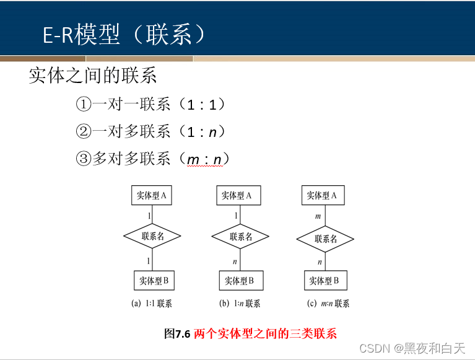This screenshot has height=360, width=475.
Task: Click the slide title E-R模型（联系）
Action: pos(123,35)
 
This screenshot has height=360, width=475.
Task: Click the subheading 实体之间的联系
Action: pos(93,76)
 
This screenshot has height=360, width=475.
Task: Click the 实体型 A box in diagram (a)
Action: pos(151,196)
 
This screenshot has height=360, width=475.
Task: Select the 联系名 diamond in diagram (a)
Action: pos(152,236)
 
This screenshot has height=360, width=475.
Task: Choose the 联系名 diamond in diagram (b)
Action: pos(240,236)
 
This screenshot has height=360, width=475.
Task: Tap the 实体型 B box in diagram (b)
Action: pos(239,281)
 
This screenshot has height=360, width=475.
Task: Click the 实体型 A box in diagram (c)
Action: pos(322,196)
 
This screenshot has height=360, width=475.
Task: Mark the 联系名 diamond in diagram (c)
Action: pos(325,239)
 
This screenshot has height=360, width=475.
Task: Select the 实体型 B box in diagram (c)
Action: pos(325,281)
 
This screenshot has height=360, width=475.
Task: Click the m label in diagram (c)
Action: pos(318,216)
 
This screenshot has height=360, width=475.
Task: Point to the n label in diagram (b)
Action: pos(235,261)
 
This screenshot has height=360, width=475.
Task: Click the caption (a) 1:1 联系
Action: pos(152,304)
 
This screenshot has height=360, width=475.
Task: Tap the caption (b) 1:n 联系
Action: pos(240,304)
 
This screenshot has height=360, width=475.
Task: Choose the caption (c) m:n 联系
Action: pos(328,304)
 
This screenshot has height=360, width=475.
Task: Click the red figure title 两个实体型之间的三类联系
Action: pos(265,333)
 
